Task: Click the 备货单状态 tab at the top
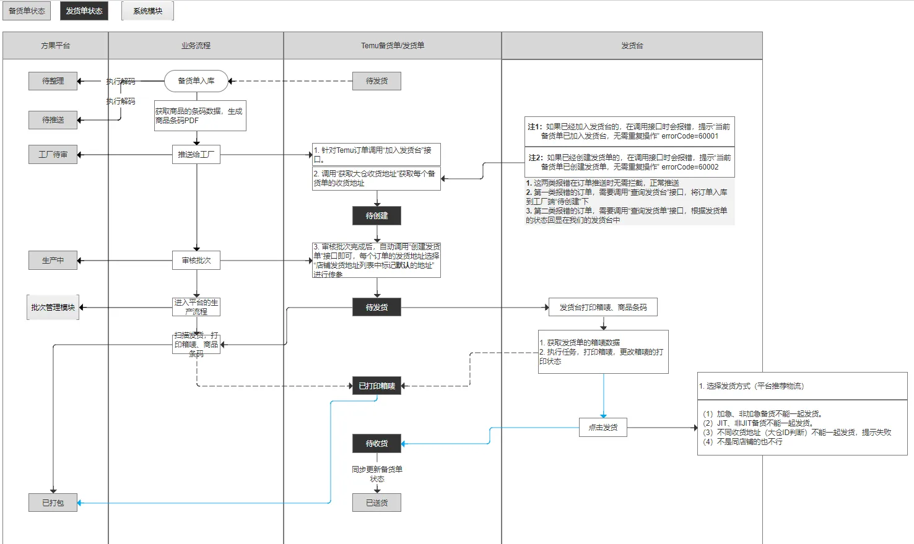(x=27, y=11)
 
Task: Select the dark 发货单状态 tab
(x=84, y=11)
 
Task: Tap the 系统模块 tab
(x=147, y=11)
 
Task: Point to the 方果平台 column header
(x=56, y=46)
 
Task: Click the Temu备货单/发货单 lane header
(x=393, y=46)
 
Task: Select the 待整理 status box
(x=53, y=81)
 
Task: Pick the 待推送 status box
(x=53, y=120)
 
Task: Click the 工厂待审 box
(x=53, y=155)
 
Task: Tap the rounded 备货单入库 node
(x=196, y=81)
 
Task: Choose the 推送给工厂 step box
(x=196, y=155)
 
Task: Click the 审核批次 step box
(x=196, y=261)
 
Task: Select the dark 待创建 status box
(x=376, y=216)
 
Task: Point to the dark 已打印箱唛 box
(x=376, y=386)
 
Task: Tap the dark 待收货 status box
(x=376, y=444)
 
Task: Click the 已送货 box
(x=376, y=503)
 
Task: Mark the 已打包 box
(x=53, y=503)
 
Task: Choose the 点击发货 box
(x=603, y=428)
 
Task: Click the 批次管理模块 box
(x=53, y=308)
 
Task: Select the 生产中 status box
(x=53, y=261)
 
